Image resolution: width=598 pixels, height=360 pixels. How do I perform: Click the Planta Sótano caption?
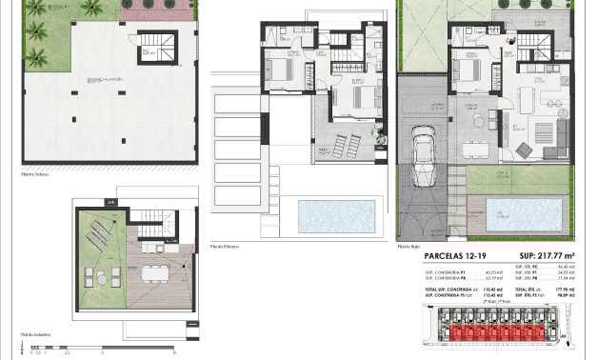tap(34, 174)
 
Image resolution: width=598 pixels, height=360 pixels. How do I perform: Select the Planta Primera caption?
tap(225, 246)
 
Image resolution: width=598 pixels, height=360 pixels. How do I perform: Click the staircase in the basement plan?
tap(152, 46)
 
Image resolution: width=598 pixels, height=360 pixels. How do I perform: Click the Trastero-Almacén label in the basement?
tap(103, 80)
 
